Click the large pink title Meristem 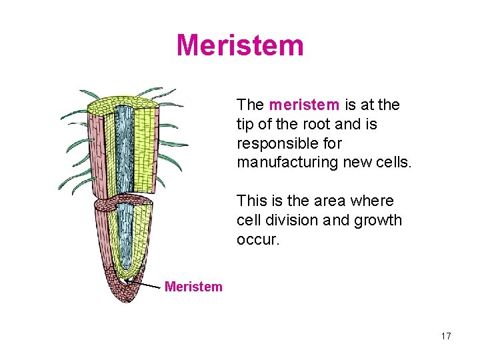point(240,45)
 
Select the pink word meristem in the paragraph point(305,105)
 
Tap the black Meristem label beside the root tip point(193,287)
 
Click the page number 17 point(446,336)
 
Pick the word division point(290,220)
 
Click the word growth point(378,220)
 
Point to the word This point(250,201)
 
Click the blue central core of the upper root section point(125,147)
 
